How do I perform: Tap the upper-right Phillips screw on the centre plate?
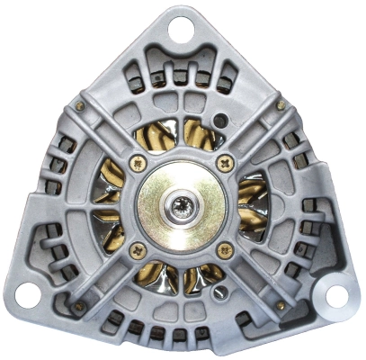[225, 163]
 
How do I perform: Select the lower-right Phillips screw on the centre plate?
[225, 249]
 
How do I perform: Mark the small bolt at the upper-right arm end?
[281, 105]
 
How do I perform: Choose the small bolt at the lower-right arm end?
[281, 307]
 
